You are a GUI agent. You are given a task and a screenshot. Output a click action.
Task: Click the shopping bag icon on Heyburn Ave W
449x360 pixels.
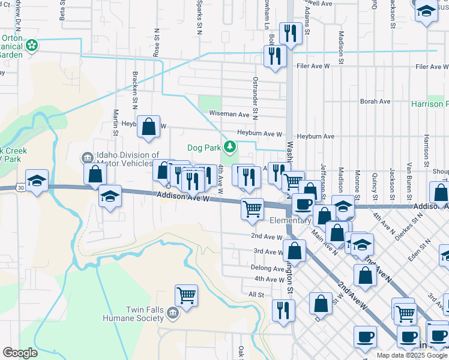tap(148, 127)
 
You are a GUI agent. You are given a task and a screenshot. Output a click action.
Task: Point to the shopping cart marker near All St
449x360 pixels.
tap(186, 295)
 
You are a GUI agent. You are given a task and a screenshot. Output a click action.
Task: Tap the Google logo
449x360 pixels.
tap(20, 353)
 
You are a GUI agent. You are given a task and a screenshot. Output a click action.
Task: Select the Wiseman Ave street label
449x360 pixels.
tap(229, 114)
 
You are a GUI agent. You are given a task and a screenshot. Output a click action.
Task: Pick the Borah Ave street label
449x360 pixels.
tap(375, 101)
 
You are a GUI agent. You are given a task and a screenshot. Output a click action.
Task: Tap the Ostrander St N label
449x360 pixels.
tap(255, 97)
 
